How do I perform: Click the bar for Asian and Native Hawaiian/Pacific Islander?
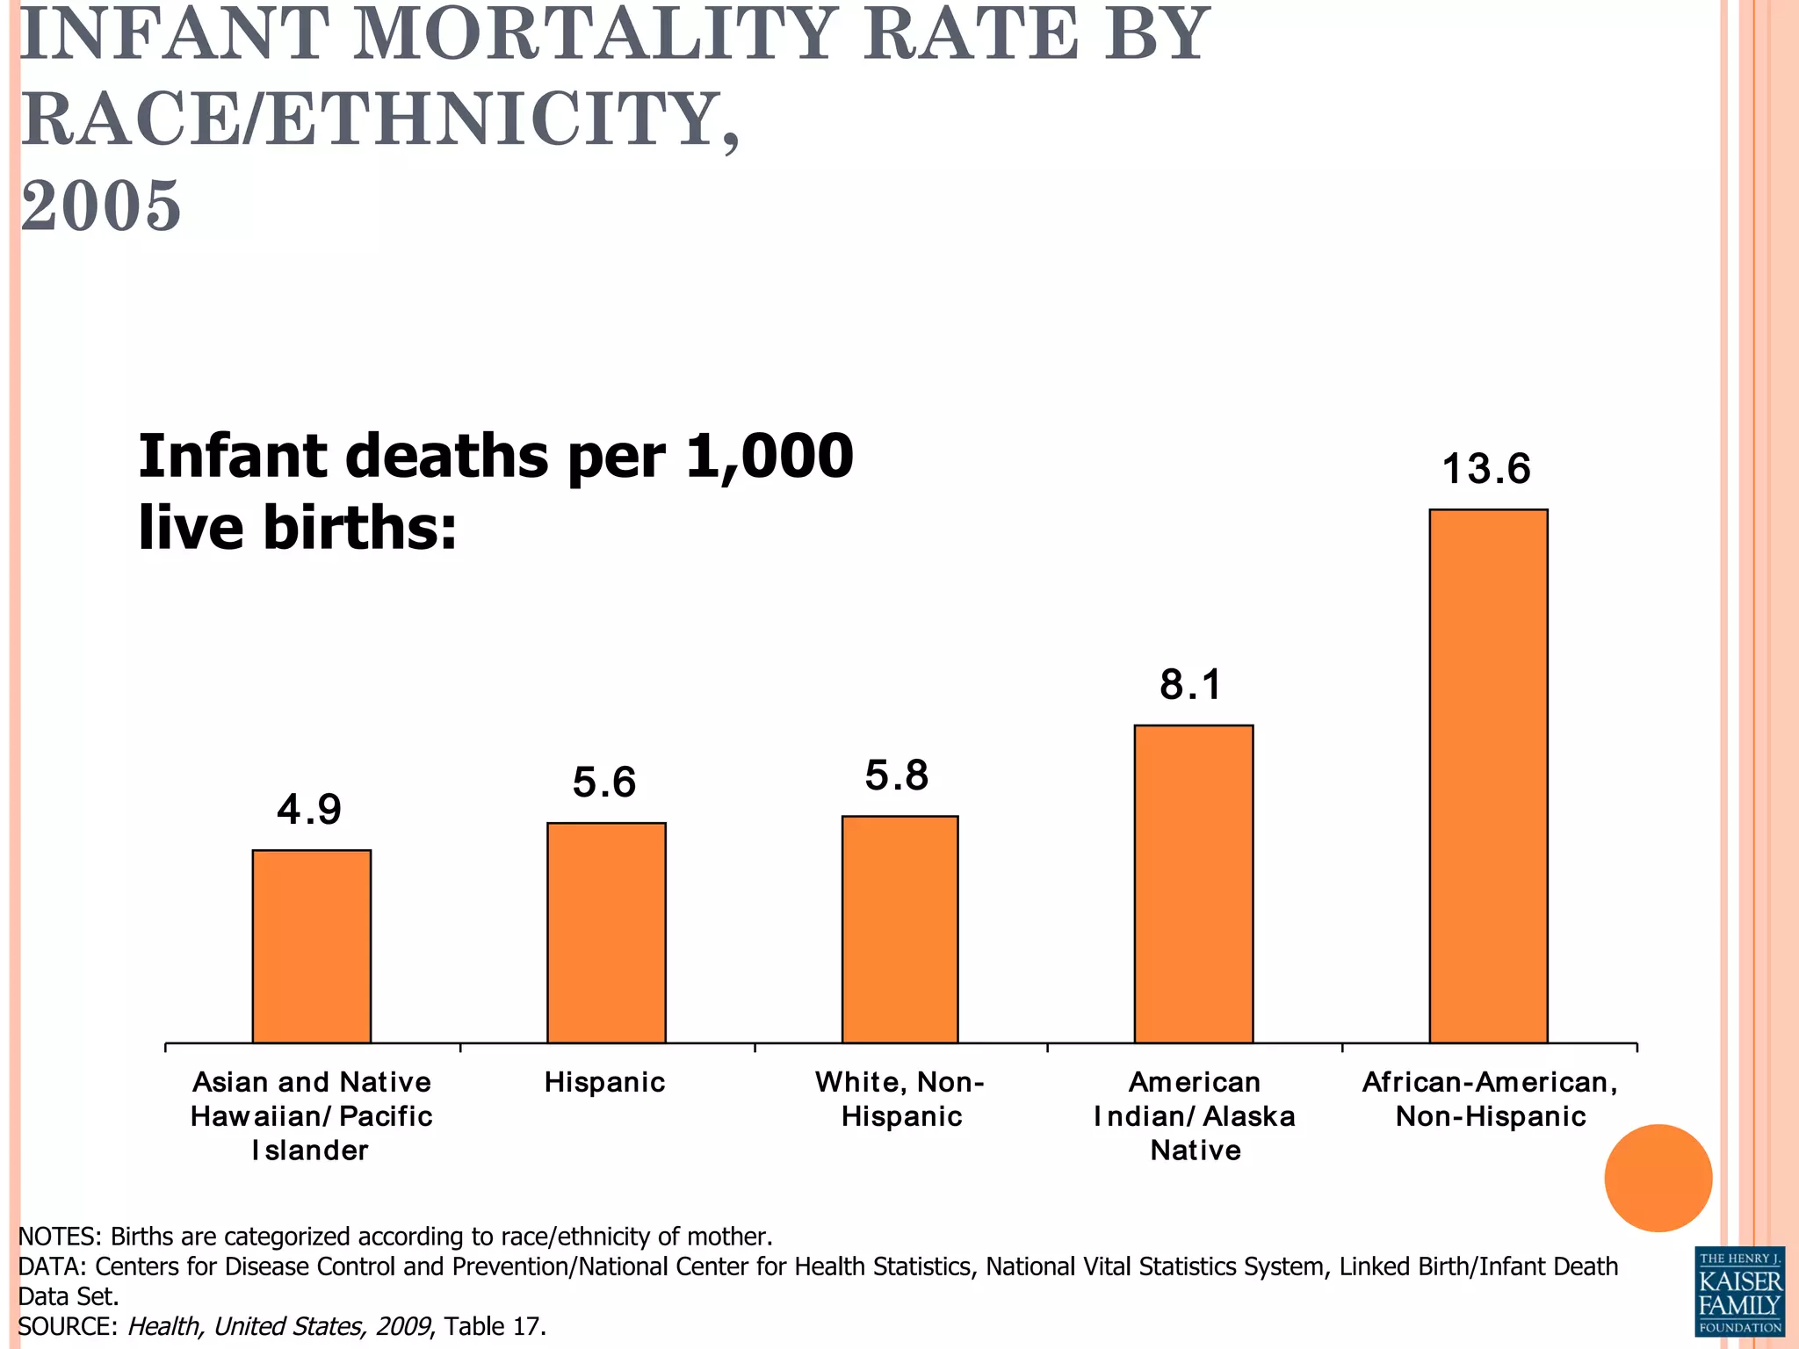click(x=311, y=946)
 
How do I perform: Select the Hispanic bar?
click(x=606, y=933)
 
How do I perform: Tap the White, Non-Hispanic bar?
click(x=899, y=929)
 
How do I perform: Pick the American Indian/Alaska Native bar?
click(x=1193, y=884)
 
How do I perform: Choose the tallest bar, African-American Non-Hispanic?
click(x=1488, y=775)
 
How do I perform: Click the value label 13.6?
click(x=1486, y=469)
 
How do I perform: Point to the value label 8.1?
click(x=1190, y=684)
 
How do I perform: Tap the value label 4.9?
click(x=309, y=809)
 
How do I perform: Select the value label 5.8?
click(x=897, y=775)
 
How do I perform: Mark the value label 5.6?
click(x=604, y=783)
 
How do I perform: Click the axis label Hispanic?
click(x=604, y=1082)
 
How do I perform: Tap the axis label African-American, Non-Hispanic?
click(x=1490, y=1099)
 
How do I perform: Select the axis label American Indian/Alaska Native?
click(x=1195, y=1115)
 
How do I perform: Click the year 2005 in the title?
click(x=100, y=206)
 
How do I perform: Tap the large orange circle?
click(x=1658, y=1178)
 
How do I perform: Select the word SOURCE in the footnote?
click(x=67, y=1326)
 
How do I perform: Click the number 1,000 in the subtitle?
click(x=769, y=457)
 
